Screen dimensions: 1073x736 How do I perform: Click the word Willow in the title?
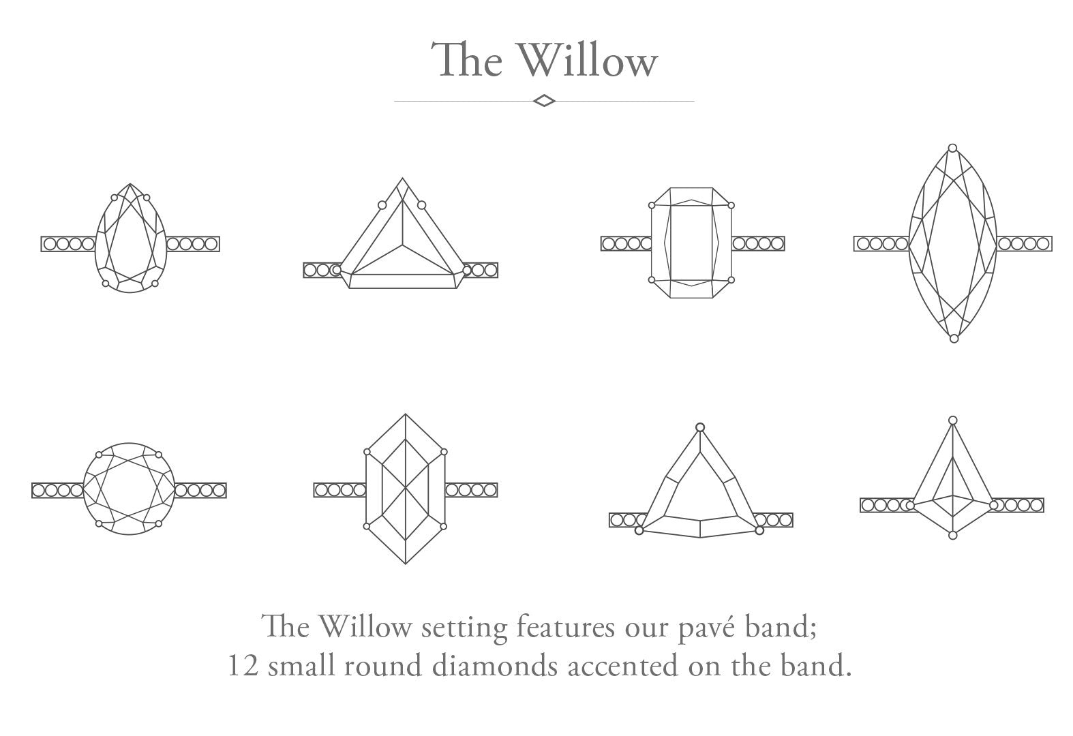tap(588, 60)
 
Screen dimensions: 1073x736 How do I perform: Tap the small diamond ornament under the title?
tap(544, 101)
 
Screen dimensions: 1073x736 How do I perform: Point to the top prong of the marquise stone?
tap(953, 148)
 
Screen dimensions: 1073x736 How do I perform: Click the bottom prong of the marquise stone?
tap(954, 339)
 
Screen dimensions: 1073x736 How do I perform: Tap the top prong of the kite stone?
tap(953, 420)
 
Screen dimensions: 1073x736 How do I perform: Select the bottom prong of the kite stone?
tap(953, 536)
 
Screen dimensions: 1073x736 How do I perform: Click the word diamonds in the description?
tap(495, 665)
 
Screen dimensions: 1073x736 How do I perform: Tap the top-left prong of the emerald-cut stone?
tap(652, 205)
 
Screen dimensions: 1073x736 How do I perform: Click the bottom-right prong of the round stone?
tap(159, 524)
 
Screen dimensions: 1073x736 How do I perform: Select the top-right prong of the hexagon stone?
tap(444, 452)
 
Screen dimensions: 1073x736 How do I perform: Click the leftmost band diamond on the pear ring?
tap(50, 244)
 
